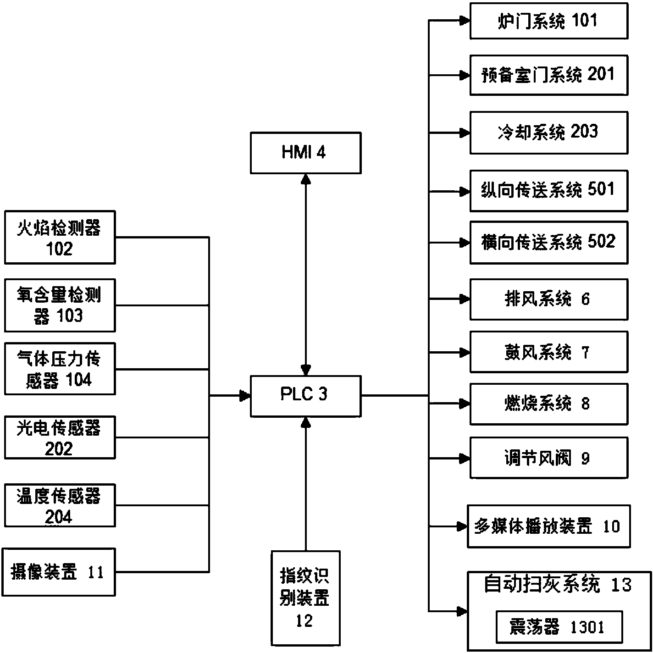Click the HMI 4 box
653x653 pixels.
(x=305, y=153)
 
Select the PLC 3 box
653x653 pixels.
(x=305, y=396)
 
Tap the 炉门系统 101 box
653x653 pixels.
(x=548, y=21)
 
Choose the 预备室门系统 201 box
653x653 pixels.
(x=548, y=75)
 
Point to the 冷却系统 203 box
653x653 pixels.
(x=548, y=133)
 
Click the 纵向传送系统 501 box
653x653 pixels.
(x=548, y=191)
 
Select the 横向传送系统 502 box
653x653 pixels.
(x=548, y=243)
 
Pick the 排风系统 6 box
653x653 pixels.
(x=548, y=299)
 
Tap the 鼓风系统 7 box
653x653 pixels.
(x=548, y=352)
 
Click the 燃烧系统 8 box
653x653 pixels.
(x=548, y=404)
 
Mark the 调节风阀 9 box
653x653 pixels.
(x=548, y=458)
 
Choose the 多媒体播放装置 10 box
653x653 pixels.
(x=548, y=526)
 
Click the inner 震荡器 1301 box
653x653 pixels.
(x=559, y=627)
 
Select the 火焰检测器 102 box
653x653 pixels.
(x=60, y=238)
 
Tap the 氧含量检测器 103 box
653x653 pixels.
(x=60, y=305)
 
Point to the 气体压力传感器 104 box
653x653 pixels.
(x=60, y=369)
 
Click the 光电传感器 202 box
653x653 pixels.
(x=60, y=437)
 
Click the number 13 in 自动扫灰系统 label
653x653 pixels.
(x=621, y=585)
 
